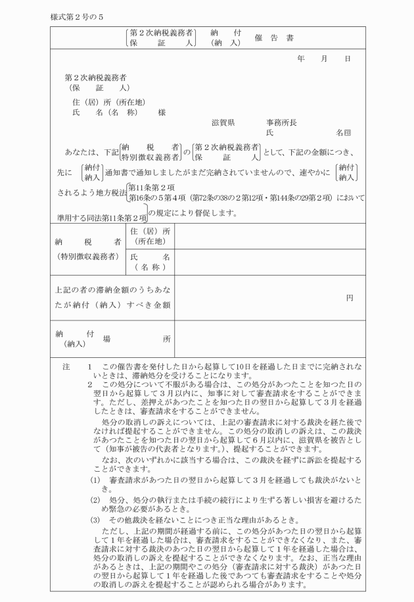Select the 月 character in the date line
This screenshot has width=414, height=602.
(324, 59)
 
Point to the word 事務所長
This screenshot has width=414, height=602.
(281, 122)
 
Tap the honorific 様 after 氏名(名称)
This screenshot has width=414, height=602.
(162, 113)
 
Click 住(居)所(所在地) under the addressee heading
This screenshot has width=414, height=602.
(108, 102)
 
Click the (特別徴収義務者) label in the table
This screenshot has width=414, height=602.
(89, 256)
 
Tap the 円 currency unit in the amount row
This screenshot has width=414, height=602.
(350, 298)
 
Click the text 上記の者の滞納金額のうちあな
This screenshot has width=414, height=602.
(113, 289)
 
